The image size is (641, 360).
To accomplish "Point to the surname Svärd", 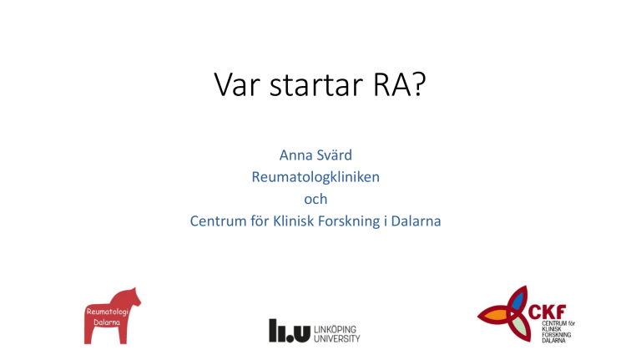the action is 335,155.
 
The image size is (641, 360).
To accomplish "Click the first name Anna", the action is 296,155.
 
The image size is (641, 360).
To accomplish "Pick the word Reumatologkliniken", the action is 315,177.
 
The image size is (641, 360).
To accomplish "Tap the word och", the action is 315,200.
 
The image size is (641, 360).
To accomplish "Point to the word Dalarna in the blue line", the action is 416,221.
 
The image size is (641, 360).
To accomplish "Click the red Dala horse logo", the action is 112,316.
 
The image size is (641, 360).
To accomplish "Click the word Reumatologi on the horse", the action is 108,312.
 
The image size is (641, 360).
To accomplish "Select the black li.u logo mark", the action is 290,331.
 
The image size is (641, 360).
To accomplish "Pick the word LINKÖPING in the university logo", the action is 336,329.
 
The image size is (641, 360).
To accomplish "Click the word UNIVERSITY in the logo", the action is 337,339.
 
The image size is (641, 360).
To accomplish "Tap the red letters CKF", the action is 547,312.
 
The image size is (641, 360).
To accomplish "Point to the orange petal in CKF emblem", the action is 497,316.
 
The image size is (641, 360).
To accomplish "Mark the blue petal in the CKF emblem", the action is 517,301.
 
